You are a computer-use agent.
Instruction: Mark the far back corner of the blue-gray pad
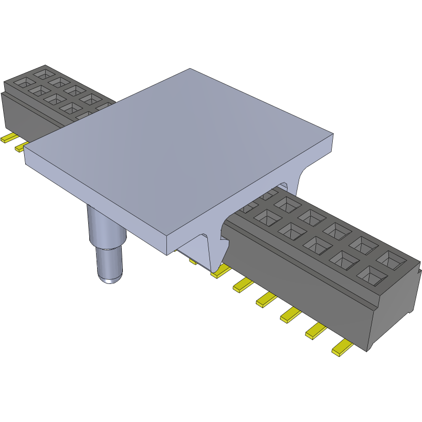[190, 69]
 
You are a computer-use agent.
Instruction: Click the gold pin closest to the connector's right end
[342, 348]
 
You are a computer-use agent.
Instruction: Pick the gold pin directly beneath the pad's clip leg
[221, 271]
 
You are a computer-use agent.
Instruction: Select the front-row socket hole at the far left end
[23, 82]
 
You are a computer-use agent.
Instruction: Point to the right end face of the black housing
[394, 315]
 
